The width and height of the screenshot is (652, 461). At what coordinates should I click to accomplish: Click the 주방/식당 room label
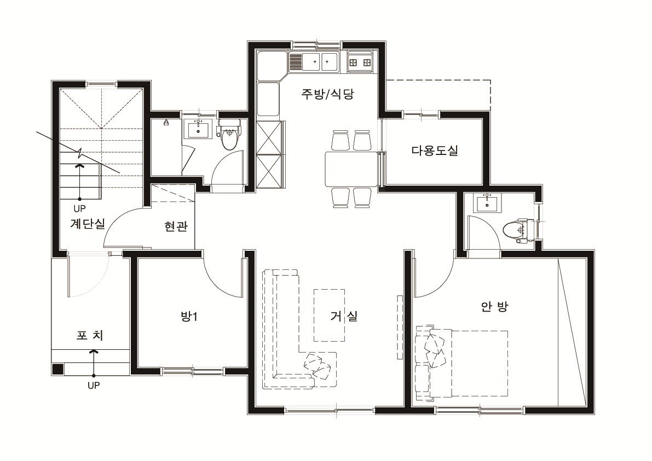tap(328, 94)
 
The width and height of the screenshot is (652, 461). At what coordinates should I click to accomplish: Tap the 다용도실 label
tap(435, 151)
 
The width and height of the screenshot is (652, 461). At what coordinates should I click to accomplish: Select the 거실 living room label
tap(344, 316)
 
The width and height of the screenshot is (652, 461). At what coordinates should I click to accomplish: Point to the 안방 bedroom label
tap(494, 307)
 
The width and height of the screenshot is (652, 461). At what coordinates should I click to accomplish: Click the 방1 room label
tap(189, 316)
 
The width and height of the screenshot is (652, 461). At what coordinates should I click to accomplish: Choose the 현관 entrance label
tap(175, 227)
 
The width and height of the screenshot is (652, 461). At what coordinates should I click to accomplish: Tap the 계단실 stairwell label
tap(87, 223)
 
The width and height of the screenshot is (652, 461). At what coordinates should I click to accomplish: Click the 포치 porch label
tap(90, 336)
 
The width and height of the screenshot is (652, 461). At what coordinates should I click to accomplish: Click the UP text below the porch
tap(94, 385)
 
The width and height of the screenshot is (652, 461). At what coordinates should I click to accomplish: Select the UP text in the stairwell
tap(80, 209)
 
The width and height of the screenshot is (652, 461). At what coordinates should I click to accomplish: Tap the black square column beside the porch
tap(57, 369)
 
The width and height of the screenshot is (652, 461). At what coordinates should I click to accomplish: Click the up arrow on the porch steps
tap(94, 362)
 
